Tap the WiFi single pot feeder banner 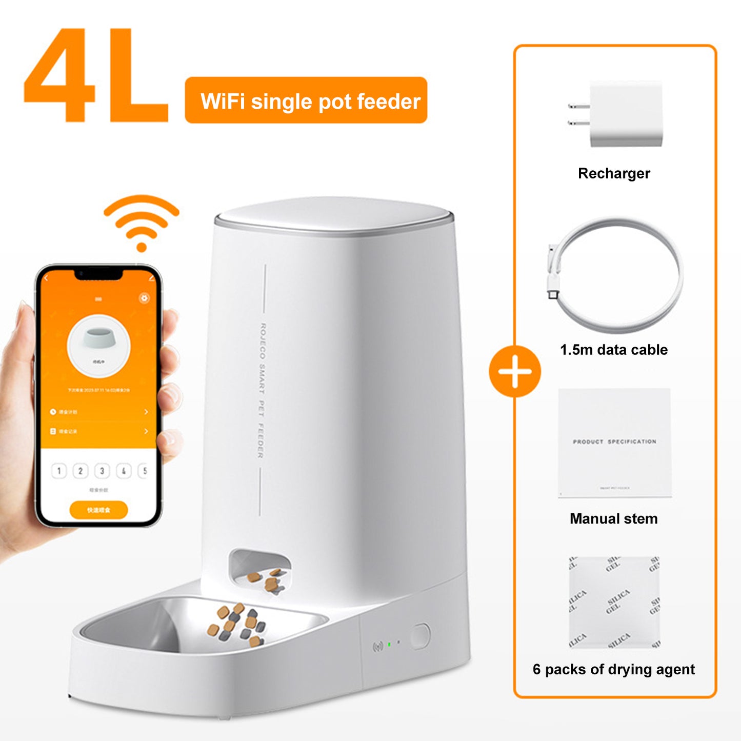coord(306,101)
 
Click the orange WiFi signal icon coord(142,223)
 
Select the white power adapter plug coord(618,114)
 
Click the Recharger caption coord(614,173)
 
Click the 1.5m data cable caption coord(614,350)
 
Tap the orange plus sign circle coord(514,371)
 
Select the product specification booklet coord(614,443)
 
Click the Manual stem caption coord(613,518)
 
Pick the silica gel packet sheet coord(614,603)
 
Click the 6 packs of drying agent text coord(614,669)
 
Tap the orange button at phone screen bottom coord(98,510)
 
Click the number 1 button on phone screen coord(59,471)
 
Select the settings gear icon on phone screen coord(145,298)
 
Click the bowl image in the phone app coord(98,339)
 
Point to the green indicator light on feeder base coord(389,644)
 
